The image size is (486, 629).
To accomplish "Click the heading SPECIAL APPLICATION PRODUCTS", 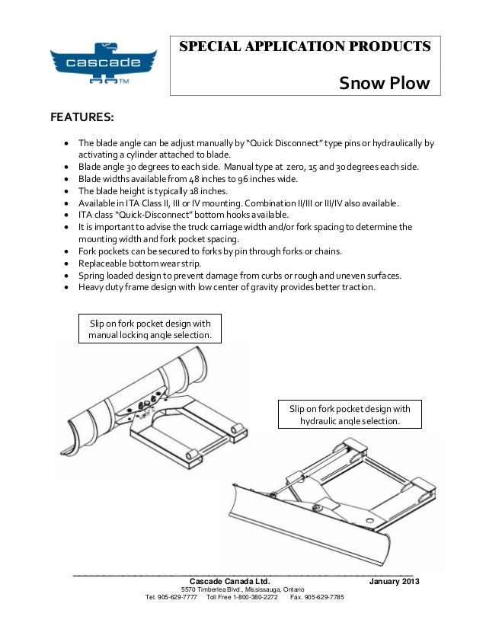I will [305, 47].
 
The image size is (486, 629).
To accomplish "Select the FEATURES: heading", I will [82, 118].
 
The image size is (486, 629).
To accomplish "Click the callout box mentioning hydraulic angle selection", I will [350, 414].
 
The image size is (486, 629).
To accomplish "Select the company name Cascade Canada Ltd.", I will [225, 583].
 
